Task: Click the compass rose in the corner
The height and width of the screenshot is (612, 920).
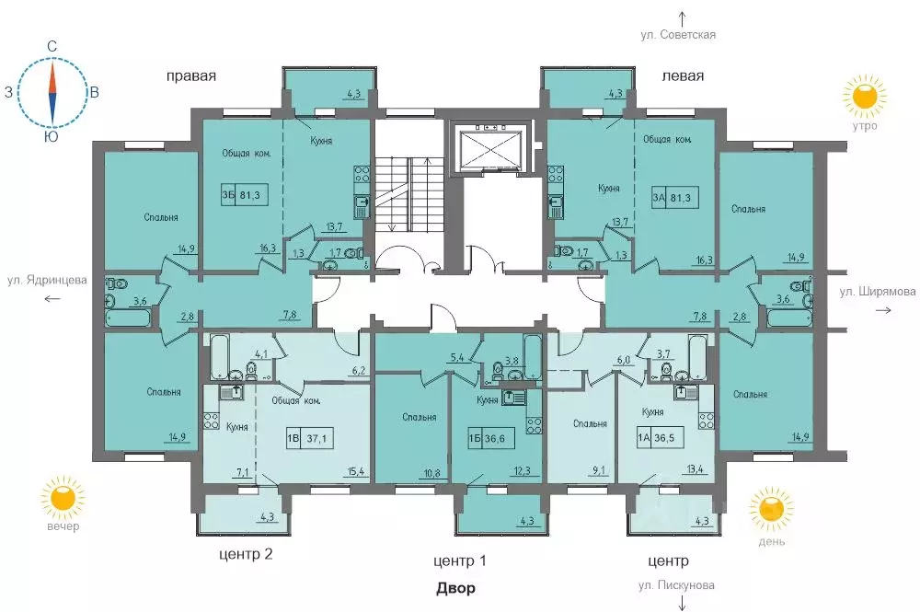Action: point(52,93)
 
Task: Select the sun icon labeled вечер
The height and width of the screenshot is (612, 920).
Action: point(63,498)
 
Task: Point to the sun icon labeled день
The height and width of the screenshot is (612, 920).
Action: point(771,509)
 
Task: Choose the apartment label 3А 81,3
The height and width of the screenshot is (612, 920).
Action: point(675,198)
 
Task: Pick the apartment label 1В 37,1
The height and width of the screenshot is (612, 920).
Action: point(310,438)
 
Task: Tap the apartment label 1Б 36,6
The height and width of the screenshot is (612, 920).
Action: point(491,438)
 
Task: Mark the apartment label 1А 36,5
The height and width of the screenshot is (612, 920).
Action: point(660,438)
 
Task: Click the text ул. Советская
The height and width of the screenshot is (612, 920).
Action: point(678,35)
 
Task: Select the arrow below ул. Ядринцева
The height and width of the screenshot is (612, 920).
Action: point(52,299)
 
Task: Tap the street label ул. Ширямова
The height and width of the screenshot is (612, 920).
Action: point(877,291)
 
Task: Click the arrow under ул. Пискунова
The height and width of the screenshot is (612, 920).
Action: point(683,603)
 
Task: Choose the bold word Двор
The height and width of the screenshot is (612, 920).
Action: point(455,588)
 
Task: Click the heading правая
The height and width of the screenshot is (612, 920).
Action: point(191,76)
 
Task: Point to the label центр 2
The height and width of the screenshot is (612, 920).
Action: point(246,554)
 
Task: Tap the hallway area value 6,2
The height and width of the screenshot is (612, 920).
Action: point(359,371)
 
